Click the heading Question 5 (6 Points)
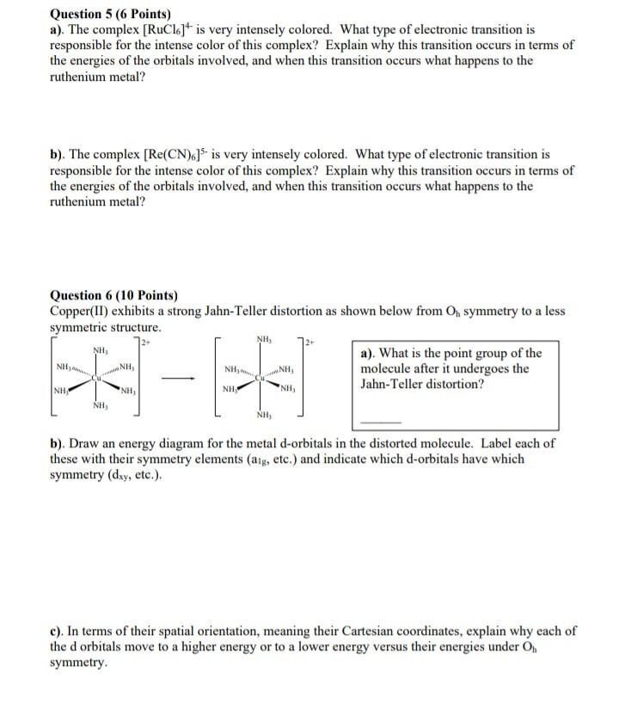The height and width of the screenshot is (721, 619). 110,14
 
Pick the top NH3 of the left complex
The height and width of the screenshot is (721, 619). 99,350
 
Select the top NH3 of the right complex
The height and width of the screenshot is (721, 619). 263,337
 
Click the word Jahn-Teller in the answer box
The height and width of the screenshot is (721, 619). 393,385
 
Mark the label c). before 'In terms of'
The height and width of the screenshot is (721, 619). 59,632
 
